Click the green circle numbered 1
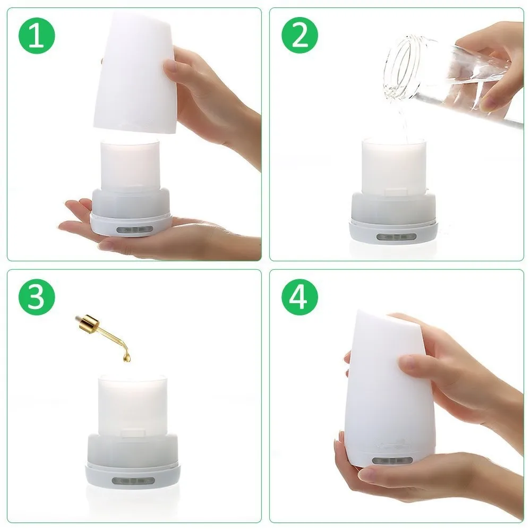(x=37, y=36)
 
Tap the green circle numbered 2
(x=299, y=36)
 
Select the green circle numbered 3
(x=37, y=297)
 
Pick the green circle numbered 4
(x=299, y=297)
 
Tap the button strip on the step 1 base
(x=134, y=229)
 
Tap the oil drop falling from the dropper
(x=127, y=357)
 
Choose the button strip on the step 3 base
(x=133, y=481)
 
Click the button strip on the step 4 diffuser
(x=392, y=460)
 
